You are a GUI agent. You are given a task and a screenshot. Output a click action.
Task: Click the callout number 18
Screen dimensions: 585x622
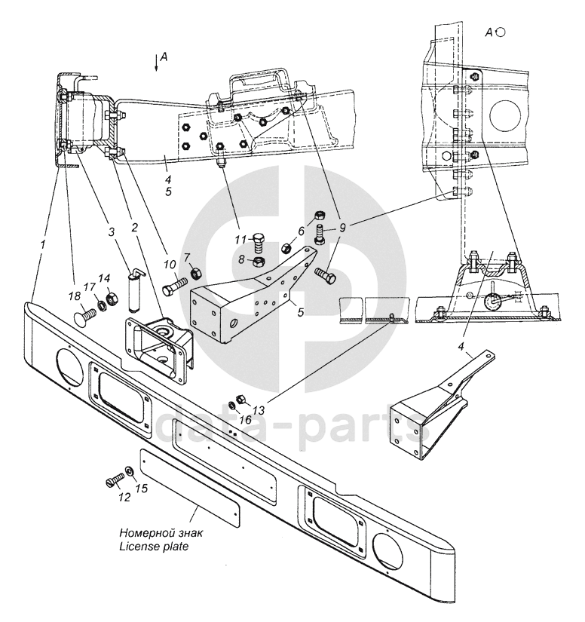click(x=75, y=296)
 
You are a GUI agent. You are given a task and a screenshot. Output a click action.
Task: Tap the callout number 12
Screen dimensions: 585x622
click(x=124, y=497)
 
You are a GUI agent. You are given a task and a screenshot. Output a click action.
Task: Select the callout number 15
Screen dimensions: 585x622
click(x=141, y=488)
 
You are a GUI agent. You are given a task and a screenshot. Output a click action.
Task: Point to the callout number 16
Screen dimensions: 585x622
click(x=246, y=419)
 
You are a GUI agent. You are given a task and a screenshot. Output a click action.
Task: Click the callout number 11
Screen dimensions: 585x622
click(x=240, y=240)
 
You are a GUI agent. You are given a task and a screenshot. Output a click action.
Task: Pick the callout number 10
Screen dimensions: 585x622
click(x=170, y=265)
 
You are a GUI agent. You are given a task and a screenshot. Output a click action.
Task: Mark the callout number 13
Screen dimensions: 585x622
click(x=258, y=409)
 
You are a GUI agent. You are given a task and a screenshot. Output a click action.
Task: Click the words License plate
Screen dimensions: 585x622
click(x=154, y=547)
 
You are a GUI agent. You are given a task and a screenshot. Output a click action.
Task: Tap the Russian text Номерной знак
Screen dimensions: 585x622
click(x=161, y=532)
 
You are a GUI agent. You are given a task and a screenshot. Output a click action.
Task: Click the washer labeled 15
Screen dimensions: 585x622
click(x=130, y=471)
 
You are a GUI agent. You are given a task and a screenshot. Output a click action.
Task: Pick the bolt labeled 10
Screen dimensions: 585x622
click(x=175, y=286)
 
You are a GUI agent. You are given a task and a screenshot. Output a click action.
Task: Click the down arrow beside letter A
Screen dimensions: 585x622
click(x=157, y=62)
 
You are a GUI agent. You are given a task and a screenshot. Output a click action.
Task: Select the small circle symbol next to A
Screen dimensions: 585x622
click(x=501, y=32)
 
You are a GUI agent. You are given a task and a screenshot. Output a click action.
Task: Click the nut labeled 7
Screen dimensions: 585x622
click(x=196, y=274)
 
